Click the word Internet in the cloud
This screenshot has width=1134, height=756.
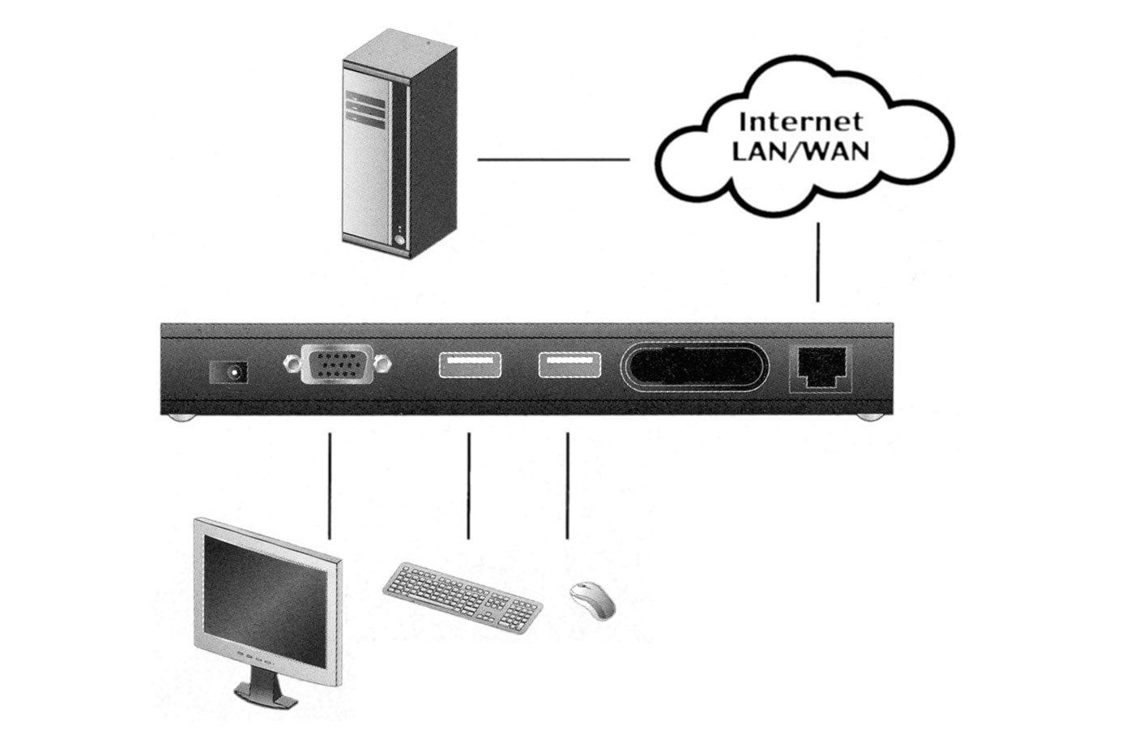pos(800,122)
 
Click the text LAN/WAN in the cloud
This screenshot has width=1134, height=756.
pos(800,151)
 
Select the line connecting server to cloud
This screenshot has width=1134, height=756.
pos(553,160)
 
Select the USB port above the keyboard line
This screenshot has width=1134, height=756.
pos(470,365)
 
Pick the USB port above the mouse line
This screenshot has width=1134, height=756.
pos(569,365)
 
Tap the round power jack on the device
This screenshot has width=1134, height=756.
pos(230,372)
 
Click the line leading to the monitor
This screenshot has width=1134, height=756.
pos(329,485)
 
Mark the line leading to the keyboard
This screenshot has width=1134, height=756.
pos(468,485)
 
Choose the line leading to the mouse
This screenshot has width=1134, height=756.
pos(567,485)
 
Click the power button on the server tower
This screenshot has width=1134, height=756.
pos(399,240)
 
